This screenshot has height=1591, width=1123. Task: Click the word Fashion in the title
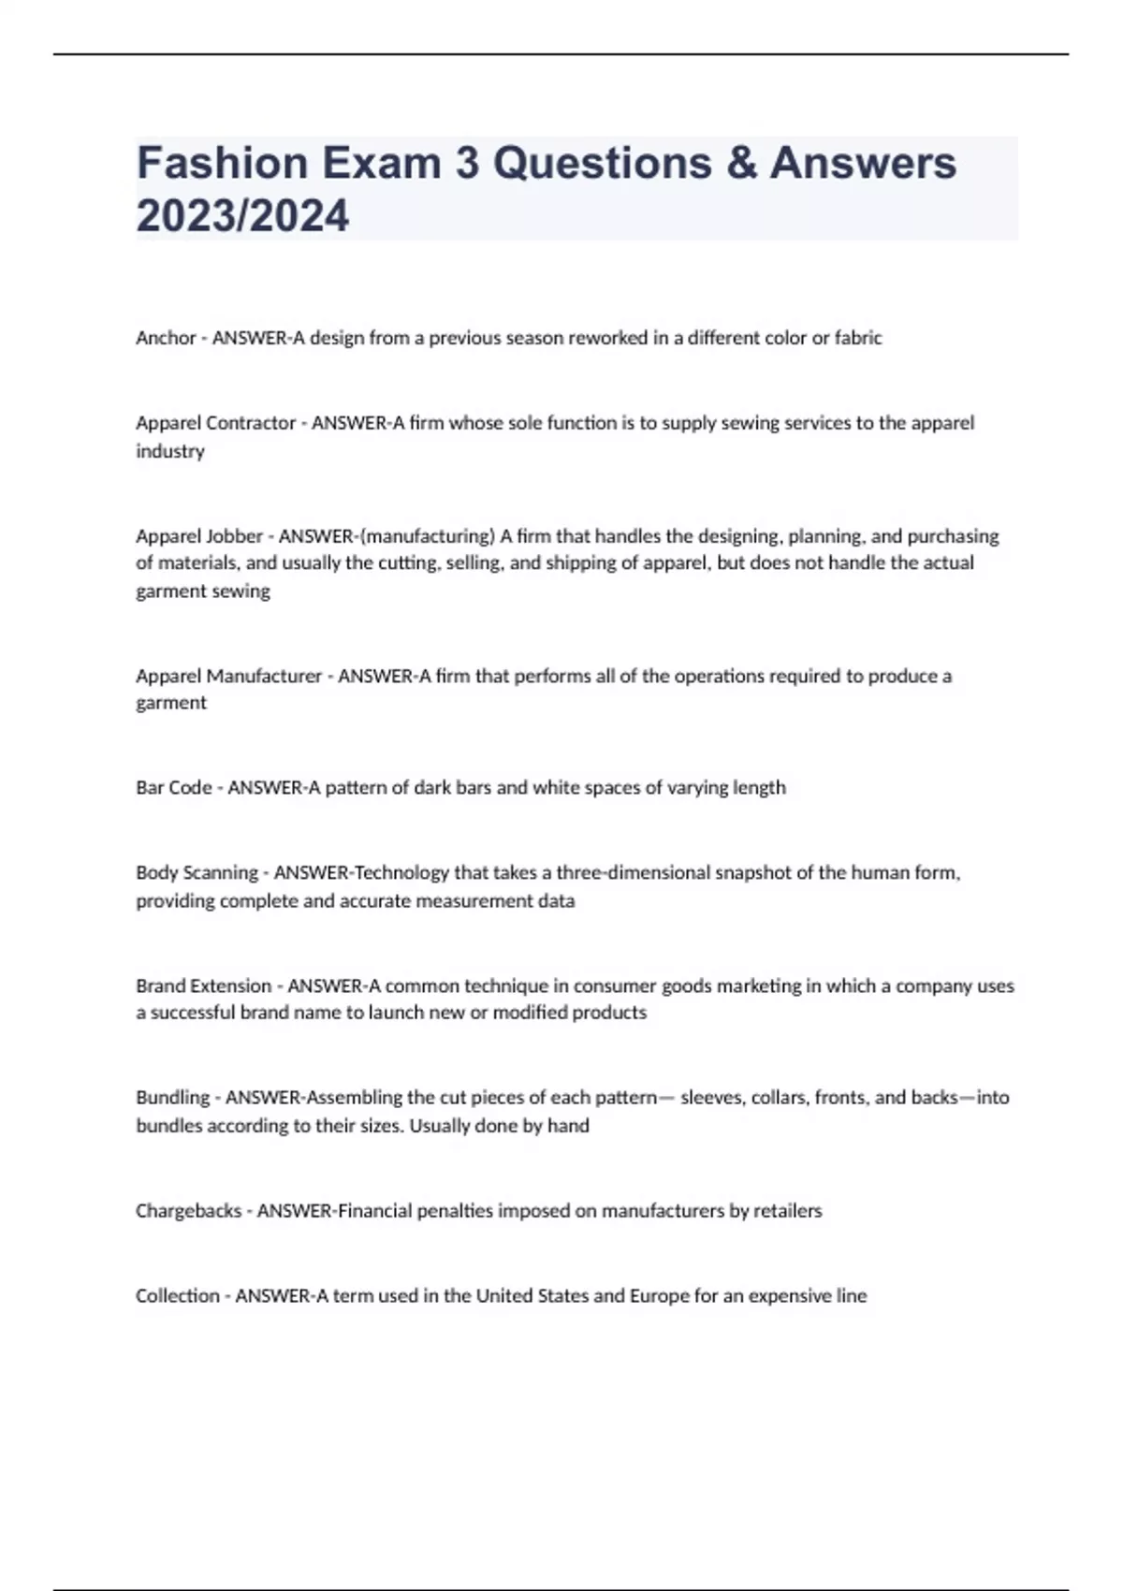point(222,163)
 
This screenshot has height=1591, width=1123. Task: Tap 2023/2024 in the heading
point(242,215)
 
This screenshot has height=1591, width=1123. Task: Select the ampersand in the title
point(740,163)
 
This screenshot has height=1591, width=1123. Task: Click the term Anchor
point(166,338)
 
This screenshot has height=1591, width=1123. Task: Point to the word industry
point(169,451)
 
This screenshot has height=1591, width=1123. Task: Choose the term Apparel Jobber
point(199,536)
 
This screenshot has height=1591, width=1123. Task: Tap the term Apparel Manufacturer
point(228,676)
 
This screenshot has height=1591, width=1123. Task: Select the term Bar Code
point(173,788)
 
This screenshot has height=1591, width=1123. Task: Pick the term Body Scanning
point(197,873)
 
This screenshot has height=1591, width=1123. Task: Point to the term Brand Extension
point(203,985)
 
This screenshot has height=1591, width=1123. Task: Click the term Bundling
point(172,1098)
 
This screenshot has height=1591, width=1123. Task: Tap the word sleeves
point(711,1098)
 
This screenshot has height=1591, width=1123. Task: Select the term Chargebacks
point(188,1211)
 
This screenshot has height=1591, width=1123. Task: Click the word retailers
point(788,1211)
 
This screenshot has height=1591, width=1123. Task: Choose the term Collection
point(177,1296)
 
